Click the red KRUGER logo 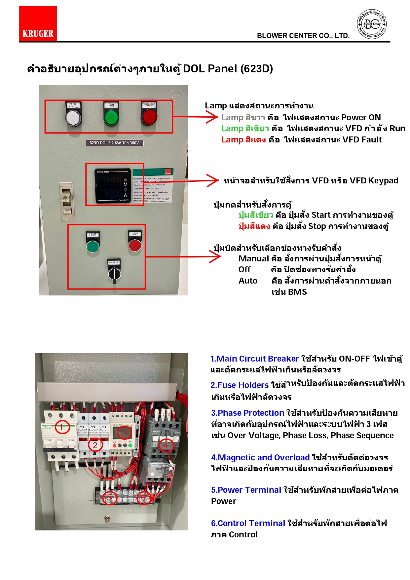(x=38, y=23)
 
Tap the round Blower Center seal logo (x=372, y=24)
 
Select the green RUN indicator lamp (x=111, y=117)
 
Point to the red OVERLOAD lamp (x=149, y=117)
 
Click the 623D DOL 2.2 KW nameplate (x=114, y=143)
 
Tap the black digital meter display (x=113, y=186)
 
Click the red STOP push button (x=135, y=245)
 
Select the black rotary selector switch (x=114, y=274)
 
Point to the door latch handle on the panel (x=66, y=202)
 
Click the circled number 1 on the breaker (x=62, y=427)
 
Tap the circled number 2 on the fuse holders (x=95, y=445)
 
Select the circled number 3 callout (x=124, y=432)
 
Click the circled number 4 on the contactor (x=166, y=445)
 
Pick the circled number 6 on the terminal (x=143, y=498)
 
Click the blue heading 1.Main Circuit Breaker (x=254, y=359)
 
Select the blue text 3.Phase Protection (x=247, y=413)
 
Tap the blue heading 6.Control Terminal (x=248, y=523)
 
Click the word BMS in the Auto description (x=297, y=292)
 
